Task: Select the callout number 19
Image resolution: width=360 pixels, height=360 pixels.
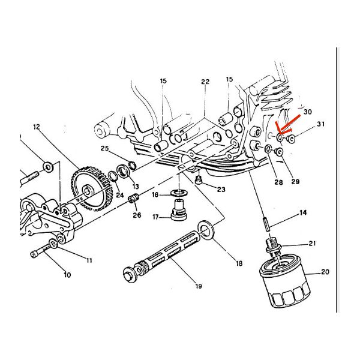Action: pyautogui.click(x=199, y=286)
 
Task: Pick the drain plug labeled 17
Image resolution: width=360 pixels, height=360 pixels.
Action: pyautogui.click(x=179, y=210)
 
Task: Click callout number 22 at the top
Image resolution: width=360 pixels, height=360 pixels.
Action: pyautogui.click(x=205, y=82)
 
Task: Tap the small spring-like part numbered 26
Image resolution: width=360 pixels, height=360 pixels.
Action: pyautogui.click(x=133, y=199)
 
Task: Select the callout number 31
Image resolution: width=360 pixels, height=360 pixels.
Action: pyautogui.click(x=321, y=124)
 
